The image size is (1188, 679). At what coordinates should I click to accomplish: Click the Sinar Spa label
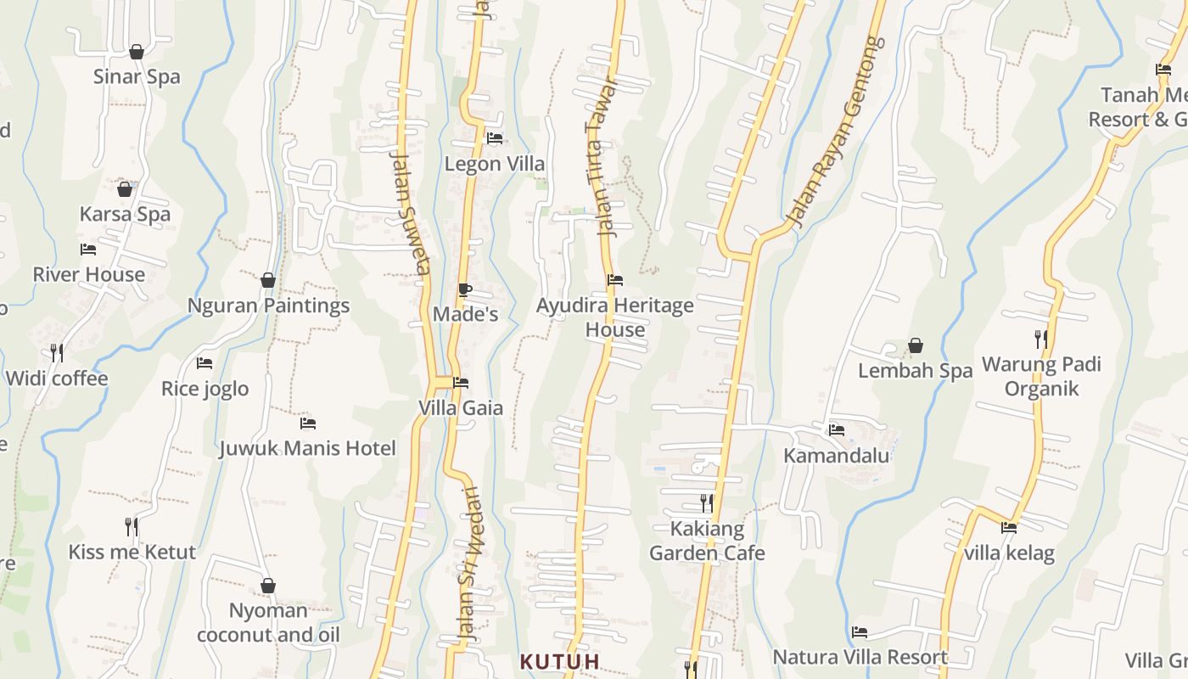(x=137, y=76)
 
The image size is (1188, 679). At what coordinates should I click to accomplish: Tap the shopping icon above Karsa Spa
(x=125, y=189)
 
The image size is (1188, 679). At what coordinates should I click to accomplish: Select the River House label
(x=89, y=274)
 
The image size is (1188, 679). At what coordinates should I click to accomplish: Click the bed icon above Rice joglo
(x=205, y=363)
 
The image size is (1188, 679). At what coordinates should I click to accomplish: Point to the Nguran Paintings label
(x=268, y=306)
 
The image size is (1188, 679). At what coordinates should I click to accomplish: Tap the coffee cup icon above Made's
(x=464, y=289)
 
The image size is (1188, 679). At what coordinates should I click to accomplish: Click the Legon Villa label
(x=495, y=164)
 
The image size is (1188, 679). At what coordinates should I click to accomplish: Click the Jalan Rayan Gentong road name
(x=836, y=132)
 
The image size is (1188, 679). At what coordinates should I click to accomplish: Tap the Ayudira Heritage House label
(x=615, y=317)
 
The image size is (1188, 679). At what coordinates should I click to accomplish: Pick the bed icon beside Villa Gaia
(x=461, y=383)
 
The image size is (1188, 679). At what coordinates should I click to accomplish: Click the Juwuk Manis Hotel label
(x=308, y=448)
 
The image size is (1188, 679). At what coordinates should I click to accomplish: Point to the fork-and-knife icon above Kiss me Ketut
(x=132, y=527)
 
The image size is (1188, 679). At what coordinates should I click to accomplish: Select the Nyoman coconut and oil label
(x=268, y=622)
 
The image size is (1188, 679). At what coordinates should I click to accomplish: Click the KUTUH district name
(x=560, y=661)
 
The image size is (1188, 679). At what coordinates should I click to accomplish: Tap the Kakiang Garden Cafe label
(x=707, y=541)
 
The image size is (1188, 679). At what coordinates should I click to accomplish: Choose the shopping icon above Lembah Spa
(x=916, y=345)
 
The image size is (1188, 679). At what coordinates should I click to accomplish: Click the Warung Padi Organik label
(x=1041, y=376)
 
